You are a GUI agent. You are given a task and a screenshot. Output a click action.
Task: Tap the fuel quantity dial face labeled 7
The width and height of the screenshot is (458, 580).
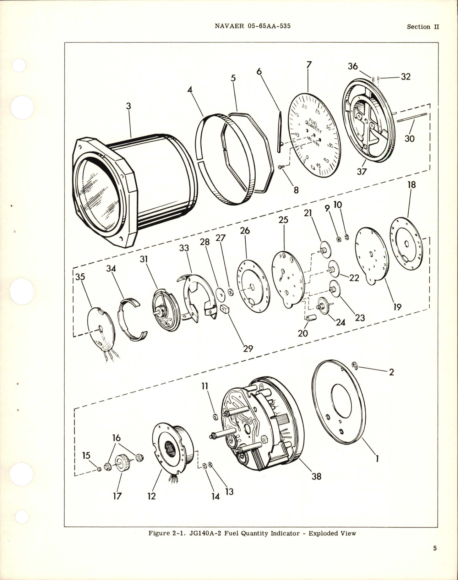312,135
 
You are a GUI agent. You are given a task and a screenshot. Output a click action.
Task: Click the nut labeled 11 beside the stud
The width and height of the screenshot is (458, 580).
215,416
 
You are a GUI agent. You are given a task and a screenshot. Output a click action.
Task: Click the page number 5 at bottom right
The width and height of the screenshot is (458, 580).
435,558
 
